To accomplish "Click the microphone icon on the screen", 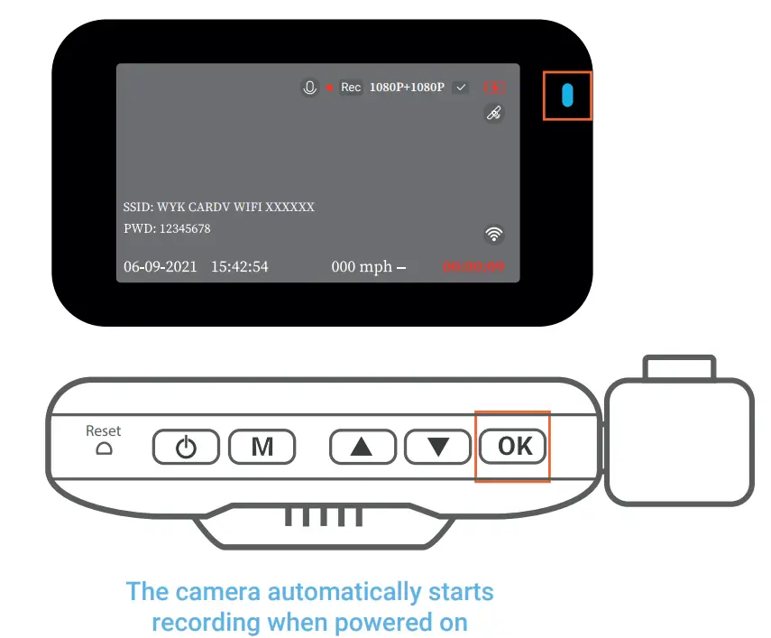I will [309, 88].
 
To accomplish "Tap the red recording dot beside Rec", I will [330, 88].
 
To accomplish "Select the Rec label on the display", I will [351, 88].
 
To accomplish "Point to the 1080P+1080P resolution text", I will [407, 88].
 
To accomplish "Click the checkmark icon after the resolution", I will [462, 88].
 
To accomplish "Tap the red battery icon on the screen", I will [494, 88].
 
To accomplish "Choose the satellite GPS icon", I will [493, 114].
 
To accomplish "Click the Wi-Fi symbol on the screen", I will [493, 235].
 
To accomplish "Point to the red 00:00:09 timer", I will [473, 267].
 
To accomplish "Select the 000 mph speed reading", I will [363, 267].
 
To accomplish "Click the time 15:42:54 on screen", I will [240, 267].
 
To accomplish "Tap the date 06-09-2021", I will [160, 267].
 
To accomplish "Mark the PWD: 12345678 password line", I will [167, 229].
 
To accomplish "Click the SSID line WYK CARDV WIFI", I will [219, 207].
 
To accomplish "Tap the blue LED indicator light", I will [567, 96].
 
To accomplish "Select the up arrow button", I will [363, 447].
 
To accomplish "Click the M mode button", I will [262, 447].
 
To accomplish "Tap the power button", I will [186, 447].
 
